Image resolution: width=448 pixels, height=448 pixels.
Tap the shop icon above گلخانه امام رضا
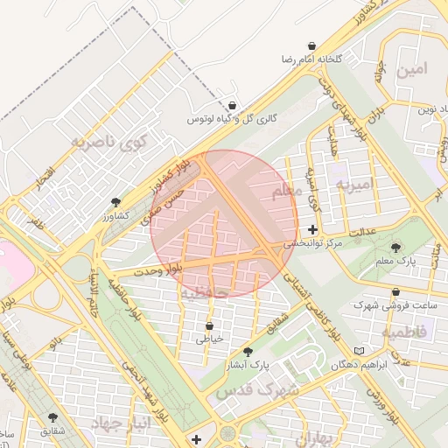(x=312, y=44)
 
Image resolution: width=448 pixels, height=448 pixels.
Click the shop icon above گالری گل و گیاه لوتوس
(x=232, y=103)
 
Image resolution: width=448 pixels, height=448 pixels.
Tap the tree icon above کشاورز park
(x=116, y=202)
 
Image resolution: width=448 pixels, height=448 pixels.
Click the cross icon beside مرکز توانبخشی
(x=313, y=230)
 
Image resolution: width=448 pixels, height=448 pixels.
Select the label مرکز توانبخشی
(x=306, y=244)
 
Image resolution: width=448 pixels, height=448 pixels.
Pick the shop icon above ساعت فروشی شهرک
(x=396, y=292)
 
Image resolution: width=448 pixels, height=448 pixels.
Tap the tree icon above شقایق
(x=52, y=417)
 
